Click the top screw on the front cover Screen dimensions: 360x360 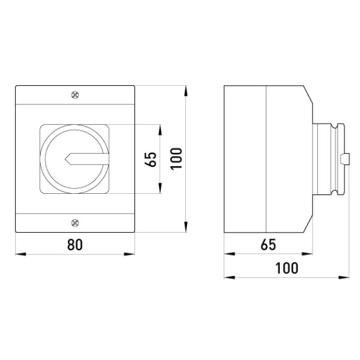coord(75,95)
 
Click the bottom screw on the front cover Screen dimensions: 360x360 coord(75,223)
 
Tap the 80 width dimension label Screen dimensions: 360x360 coord(75,245)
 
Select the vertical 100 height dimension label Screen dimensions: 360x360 coord(176,158)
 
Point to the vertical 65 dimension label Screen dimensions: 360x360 coord(151,159)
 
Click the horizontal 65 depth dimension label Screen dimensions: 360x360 coord(268,245)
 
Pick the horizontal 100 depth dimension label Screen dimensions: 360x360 coord(287,268)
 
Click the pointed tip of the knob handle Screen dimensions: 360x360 coord(65,159)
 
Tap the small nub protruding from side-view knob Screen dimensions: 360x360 coord(345,159)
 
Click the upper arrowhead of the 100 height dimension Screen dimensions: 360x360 coord(186,91)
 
